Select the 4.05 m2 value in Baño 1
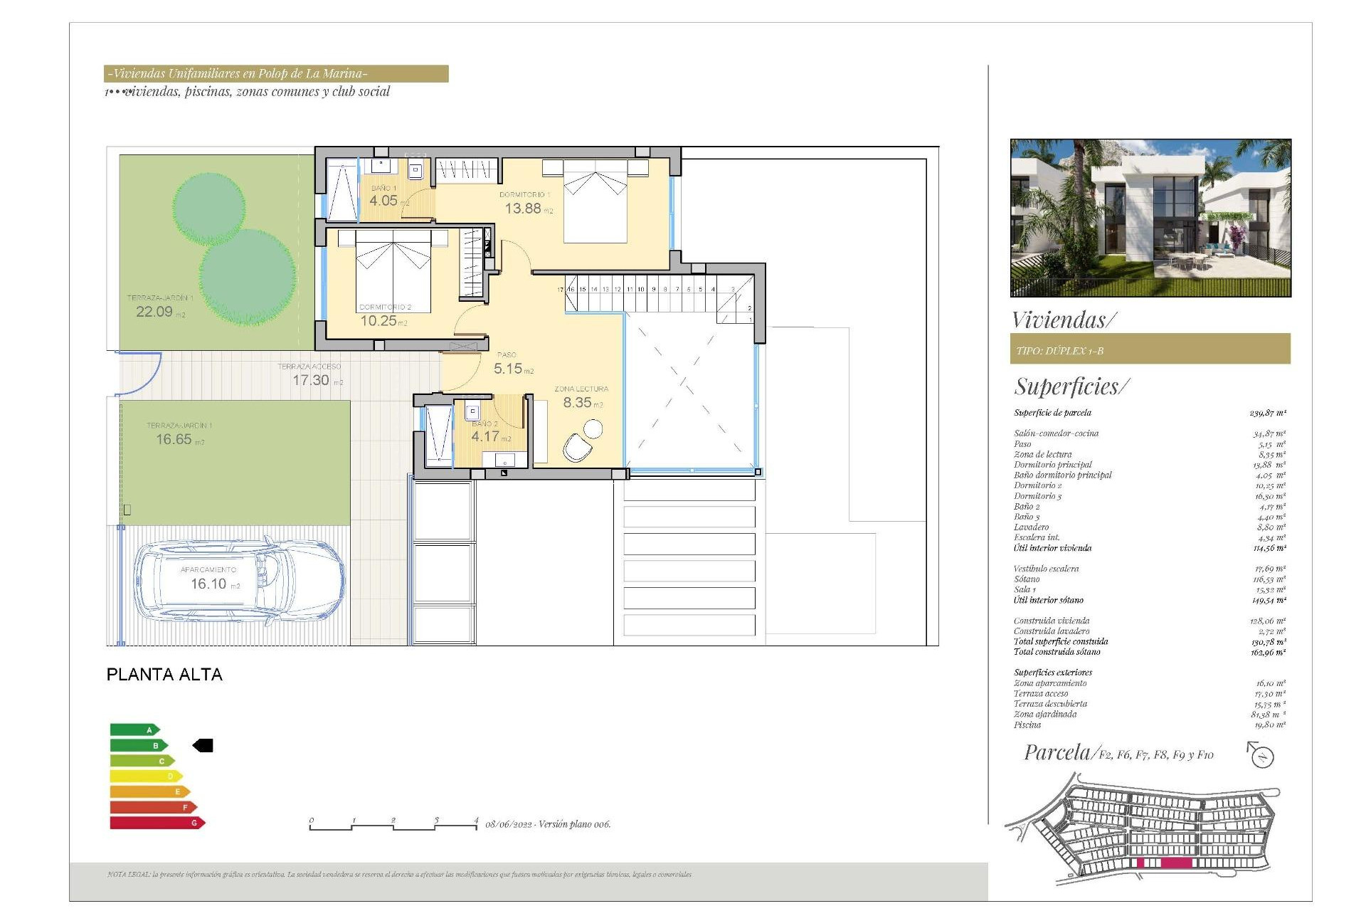[x=385, y=201]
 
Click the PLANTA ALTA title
[x=164, y=675]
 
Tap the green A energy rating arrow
[x=134, y=730]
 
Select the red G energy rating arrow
[x=157, y=823]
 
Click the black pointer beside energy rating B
[x=203, y=745]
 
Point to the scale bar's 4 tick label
[x=476, y=820]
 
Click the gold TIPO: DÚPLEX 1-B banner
[x=1150, y=349]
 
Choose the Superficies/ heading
[x=1071, y=386]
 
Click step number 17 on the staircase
[x=560, y=290]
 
